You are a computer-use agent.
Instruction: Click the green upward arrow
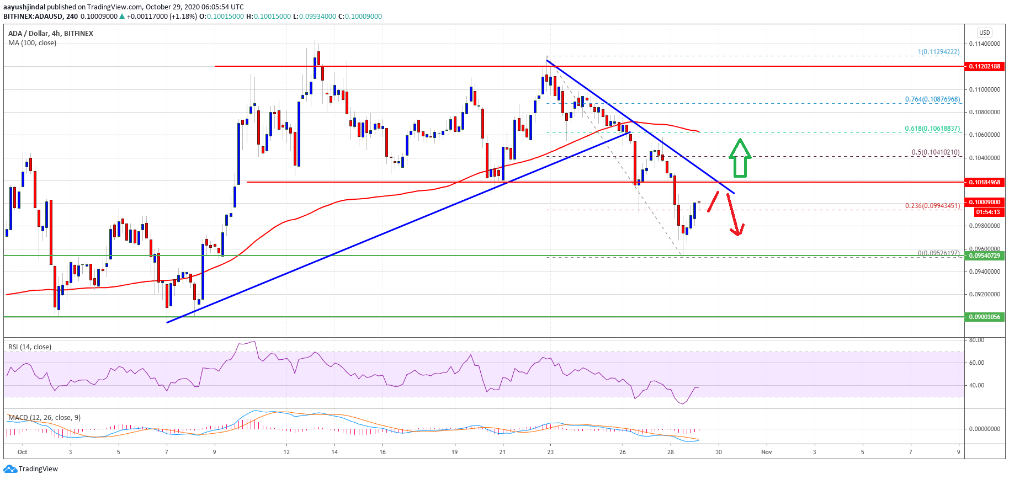coord(740,158)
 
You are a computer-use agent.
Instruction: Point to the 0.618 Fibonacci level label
coord(932,129)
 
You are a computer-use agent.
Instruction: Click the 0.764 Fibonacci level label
coord(932,99)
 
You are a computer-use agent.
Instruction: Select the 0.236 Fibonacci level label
coord(932,206)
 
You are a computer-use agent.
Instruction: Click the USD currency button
coord(985,33)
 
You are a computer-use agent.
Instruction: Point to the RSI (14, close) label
coord(30,347)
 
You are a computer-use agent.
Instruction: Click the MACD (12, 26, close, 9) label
coord(44,418)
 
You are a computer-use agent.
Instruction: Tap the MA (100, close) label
coord(32,43)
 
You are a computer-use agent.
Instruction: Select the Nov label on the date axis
coord(766,452)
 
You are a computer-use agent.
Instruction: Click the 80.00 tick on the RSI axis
coord(976,340)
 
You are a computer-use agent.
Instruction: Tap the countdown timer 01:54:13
coord(987,212)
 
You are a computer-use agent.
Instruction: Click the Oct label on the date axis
coord(22,452)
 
